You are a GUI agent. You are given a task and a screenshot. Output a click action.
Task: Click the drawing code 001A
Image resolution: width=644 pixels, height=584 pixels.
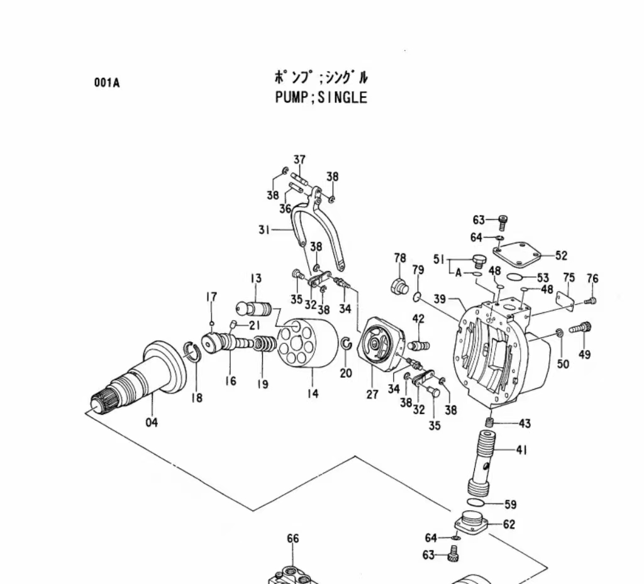pos(107,82)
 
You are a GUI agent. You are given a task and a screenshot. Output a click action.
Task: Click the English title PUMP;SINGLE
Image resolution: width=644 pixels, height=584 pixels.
pos(321,97)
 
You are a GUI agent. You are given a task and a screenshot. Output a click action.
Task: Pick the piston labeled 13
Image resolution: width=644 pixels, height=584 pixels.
pos(252,308)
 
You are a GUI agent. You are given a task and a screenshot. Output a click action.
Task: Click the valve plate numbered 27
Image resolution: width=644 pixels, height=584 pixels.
pos(380,345)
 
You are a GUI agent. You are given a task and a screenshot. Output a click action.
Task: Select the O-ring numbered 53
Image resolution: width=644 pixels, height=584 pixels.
pos(515,277)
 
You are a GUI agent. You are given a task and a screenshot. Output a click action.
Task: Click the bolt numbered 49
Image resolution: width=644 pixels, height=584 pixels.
pos(580,328)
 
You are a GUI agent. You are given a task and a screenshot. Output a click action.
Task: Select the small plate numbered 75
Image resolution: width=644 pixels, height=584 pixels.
pos(566,295)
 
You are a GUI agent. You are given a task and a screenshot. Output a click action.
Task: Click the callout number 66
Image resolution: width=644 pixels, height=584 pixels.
pos(293,539)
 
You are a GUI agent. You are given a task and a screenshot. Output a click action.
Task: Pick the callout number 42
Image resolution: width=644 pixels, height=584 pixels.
pos(418,319)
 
